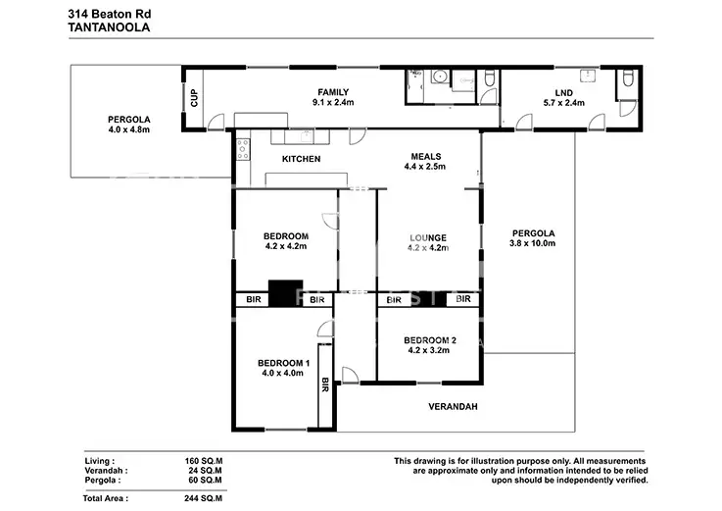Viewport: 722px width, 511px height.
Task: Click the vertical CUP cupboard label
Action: [194, 98]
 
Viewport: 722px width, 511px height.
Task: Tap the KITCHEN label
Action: [301, 159]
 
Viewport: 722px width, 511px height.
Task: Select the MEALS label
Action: [425, 156]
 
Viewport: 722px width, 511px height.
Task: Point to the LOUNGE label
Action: [427, 237]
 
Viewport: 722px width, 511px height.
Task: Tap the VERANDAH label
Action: [453, 406]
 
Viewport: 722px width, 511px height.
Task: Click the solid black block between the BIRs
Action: [285, 295]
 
